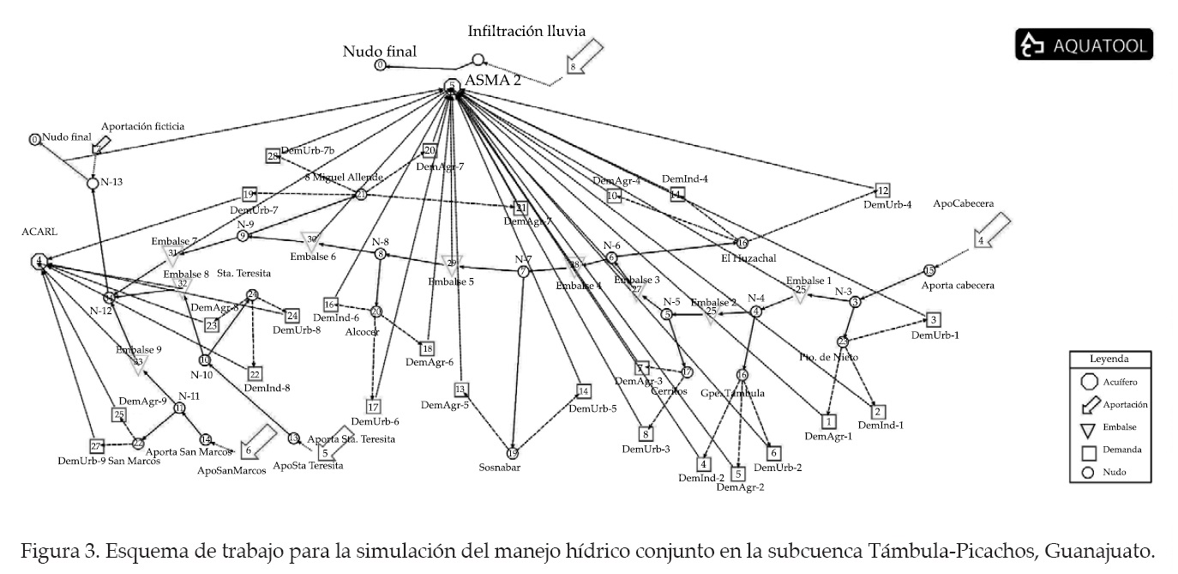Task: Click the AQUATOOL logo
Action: click(x=1084, y=45)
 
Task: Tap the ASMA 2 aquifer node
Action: click(x=452, y=86)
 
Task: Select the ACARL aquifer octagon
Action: click(x=39, y=261)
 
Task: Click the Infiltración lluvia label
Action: click(x=526, y=31)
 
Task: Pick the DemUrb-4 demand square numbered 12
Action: click(x=883, y=190)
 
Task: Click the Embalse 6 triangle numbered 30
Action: click(x=311, y=240)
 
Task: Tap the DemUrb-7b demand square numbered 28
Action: click(x=273, y=156)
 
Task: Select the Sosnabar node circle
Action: click(x=513, y=453)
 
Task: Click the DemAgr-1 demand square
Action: click(x=828, y=421)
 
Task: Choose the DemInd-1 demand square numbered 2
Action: click(x=878, y=412)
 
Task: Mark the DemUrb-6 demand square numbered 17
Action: click(x=374, y=407)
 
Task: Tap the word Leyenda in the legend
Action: click(x=1109, y=360)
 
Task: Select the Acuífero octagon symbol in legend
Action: click(x=1091, y=382)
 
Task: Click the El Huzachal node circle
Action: click(x=742, y=243)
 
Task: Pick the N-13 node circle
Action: click(x=93, y=182)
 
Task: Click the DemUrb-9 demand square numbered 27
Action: click(x=97, y=445)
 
